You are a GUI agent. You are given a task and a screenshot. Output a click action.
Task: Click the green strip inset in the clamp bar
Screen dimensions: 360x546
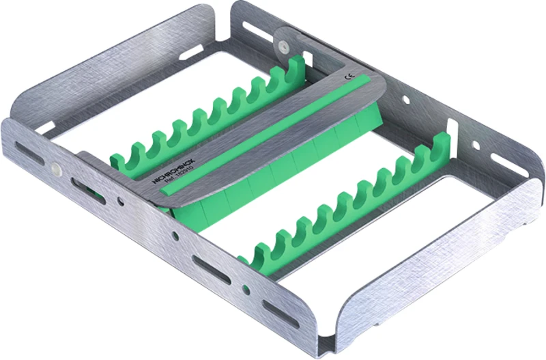pyautogui.click(x=273, y=130)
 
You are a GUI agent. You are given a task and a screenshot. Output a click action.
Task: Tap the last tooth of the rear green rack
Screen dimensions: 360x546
pyautogui.click(x=297, y=68)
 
